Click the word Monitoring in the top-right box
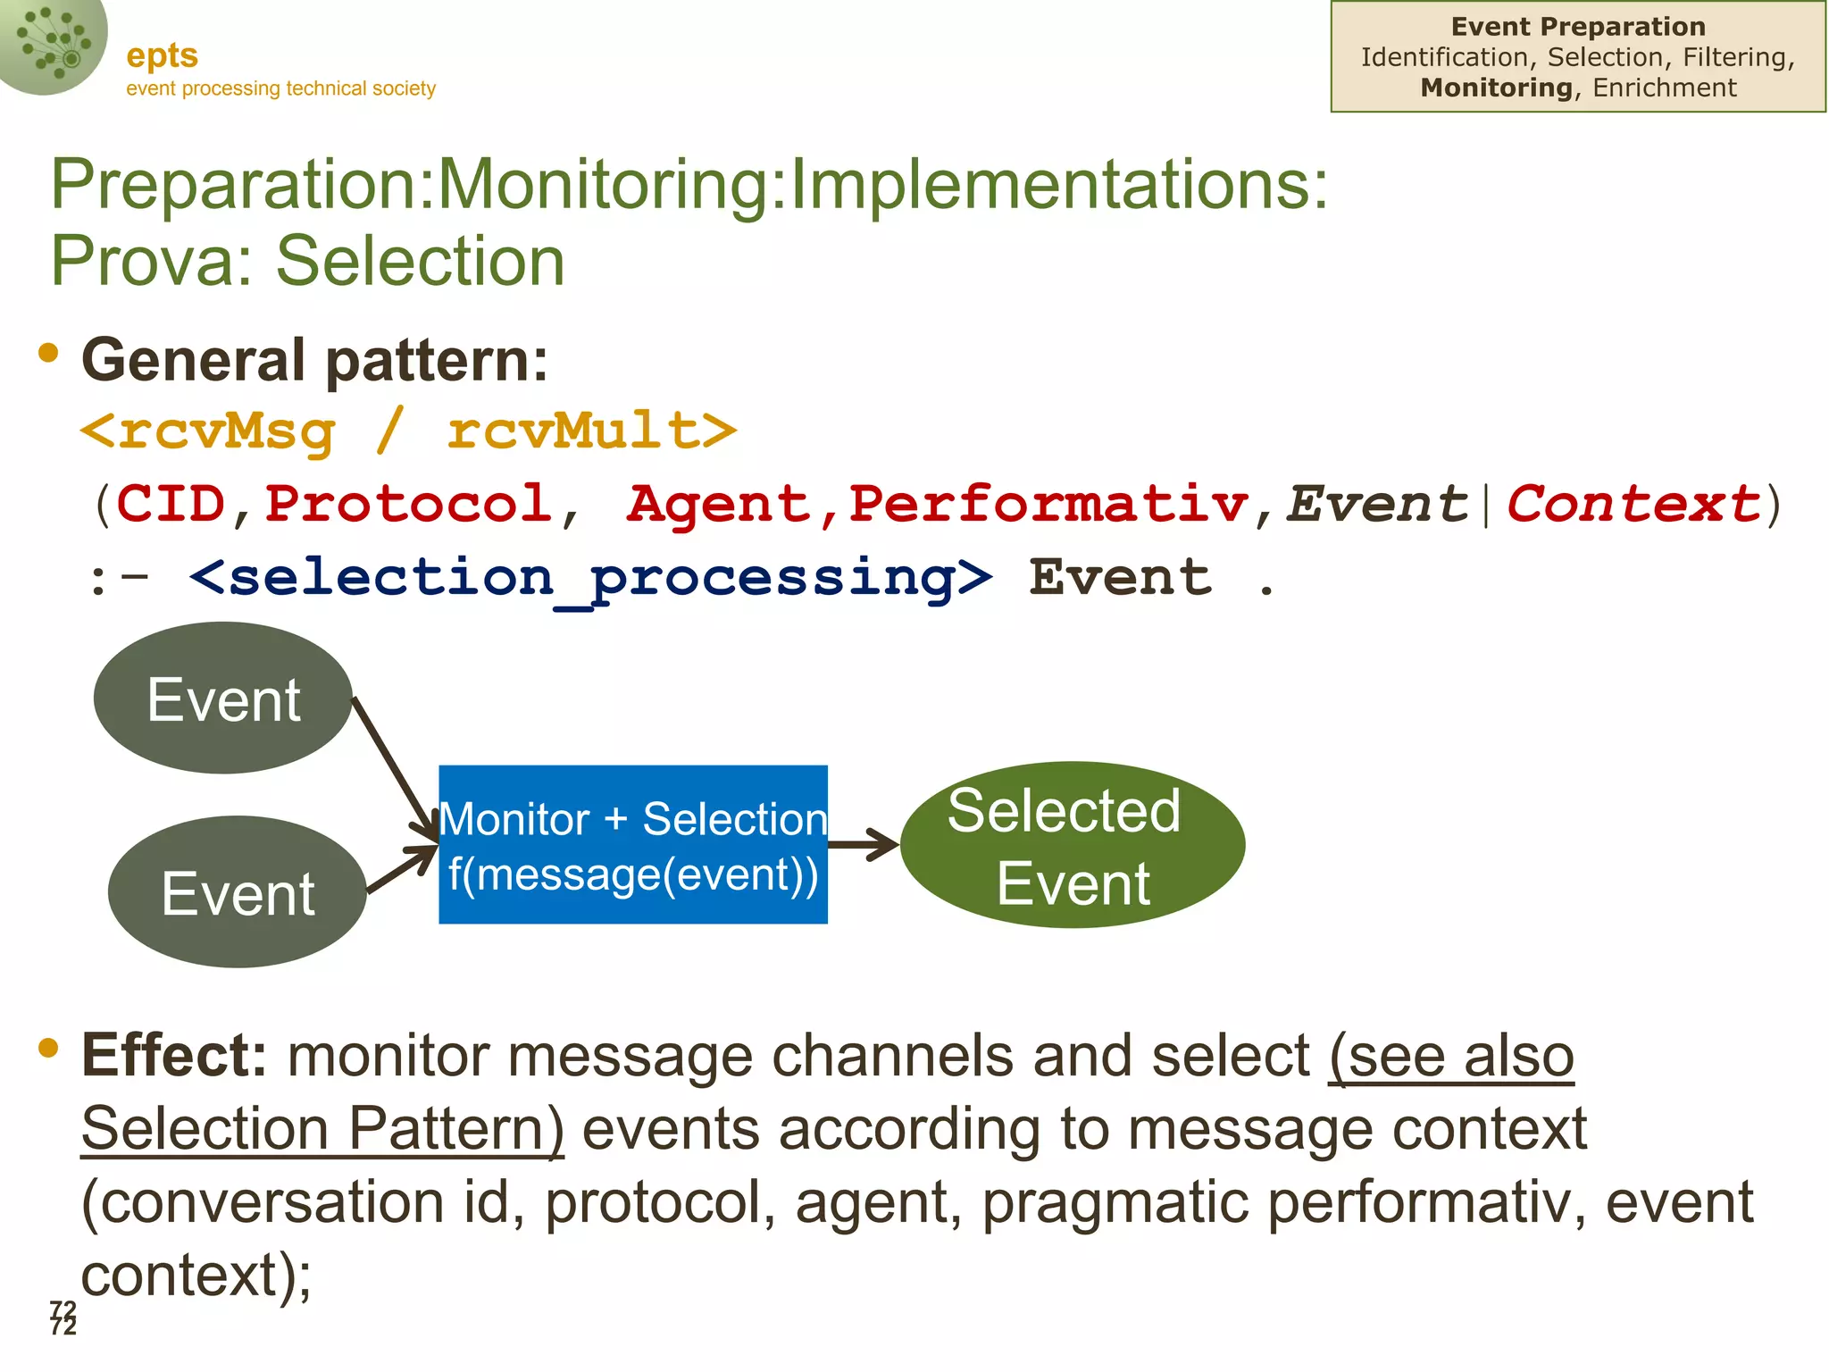pyautogui.click(x=1497, y=88)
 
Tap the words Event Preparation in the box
pyautogui.click(x=1578, y=27)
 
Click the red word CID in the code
pyautogui.click(x=171, y=504)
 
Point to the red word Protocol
pyautogui.click(x=408, y=504)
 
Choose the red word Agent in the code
pyautogui.click(x=718, y=504)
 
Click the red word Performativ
pyautogui.click(x=1048, y=504)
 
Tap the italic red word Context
pyautogui.click(x=1633, y=504)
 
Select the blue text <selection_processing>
pyautogui.click(x=590, y=578)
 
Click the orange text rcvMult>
pyautogui.click(x=592, y=431)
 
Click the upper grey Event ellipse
pyautogui.click(x=223, y=699)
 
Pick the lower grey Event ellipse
pyautogui.click(x=238, y=891)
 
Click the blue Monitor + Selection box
pyautogui.click(x=633, y=844)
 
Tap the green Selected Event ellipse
pyautogui.click(x=1073, y=845)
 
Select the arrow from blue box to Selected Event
pyautogui.click(x=863, y=844)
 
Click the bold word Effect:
pyautogui.click(x=174, y=1056)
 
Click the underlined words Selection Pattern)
pyautogui.click(x=322, y=1129)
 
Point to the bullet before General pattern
pyautogui.click(x=48, y=354)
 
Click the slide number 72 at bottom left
pyautogui.click(x=63, y=1318)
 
